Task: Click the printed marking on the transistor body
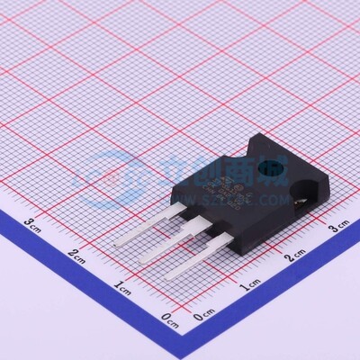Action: (x=226, y=185)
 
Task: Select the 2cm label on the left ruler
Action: (x=78, y=255)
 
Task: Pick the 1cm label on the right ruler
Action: (x=249, y=285)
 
